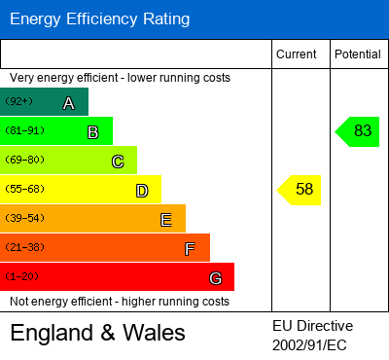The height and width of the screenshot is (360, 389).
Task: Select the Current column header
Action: pyautogui.click(x=297, y=54)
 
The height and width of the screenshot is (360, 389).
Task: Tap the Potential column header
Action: pyautogui.click(x=358, y=54)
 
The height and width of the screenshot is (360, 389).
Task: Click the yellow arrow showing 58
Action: pyautogui.click(x=300, y=190)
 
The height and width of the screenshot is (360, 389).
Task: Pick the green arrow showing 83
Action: pyautogui.click(x=357, y=131)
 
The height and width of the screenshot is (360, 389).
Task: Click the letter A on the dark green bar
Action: pyautogui.click(x=68, y=103)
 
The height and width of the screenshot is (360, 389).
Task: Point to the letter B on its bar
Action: pyautogui.click(x=92, y=132)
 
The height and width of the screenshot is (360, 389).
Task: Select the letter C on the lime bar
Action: pyautogui.click(x=117, y=162)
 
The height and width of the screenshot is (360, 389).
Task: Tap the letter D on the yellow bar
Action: pyautogui.click(x=141, y=191)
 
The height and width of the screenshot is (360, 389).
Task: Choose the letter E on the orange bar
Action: pyautogui.click(x=165, y=220)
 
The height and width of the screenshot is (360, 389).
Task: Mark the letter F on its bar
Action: pyautogui.click(x=190, y=249)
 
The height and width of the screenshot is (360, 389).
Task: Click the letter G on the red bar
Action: pyautogui.click(x=215, y=278)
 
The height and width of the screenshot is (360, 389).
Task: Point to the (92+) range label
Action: pyautogui.click(x=18, y=101)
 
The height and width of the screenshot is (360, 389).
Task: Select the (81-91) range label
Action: pyautogui.click(x=23, y=130)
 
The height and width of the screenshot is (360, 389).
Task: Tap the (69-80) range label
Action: pyautogui.click(x=23, y=160)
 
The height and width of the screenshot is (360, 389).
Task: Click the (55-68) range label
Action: pyautogui.click(x=23, y=189)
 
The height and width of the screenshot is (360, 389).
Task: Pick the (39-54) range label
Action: pyautogui.click(x=23, y=218)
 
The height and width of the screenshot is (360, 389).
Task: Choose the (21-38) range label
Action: pyautogui.click(x=23, y=247)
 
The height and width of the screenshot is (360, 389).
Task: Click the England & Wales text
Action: pyautogui.click(x=97, y=334)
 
